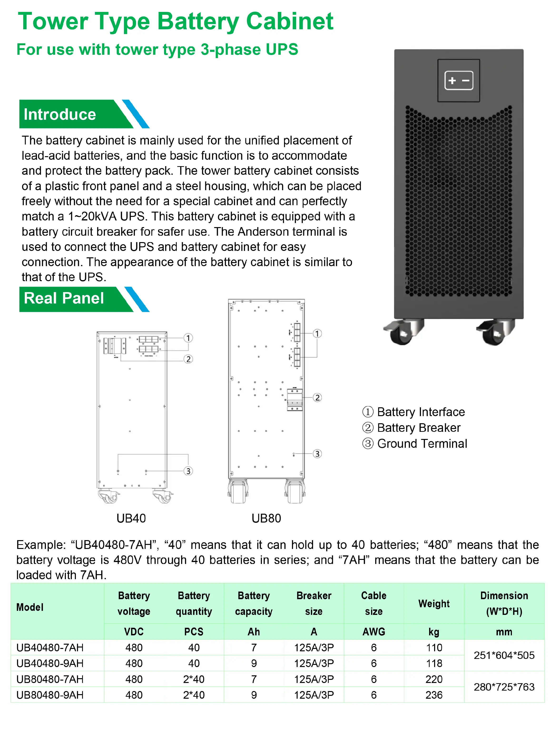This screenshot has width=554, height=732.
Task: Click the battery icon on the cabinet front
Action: point(458,80)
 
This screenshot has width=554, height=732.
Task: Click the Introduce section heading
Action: point(60,115)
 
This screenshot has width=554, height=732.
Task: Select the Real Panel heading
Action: point(64,298)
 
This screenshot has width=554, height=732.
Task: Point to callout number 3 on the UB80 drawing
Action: point(317,454)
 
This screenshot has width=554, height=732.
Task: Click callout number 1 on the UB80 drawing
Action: point(317,334)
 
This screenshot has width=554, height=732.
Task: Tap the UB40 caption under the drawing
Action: point(131,518)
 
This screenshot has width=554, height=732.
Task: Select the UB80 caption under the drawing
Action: point(266,518)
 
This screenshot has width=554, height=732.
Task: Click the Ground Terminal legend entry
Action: point(422,444)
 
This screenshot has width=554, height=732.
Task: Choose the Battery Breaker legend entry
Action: point(418,428)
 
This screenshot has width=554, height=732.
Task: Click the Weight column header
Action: point(434,604)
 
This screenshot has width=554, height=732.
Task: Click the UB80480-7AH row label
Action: point(50,679)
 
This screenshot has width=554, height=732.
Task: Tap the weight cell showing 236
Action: point(434,695)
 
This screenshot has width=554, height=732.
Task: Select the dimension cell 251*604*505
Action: point(504,655)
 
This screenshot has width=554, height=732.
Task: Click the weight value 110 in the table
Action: point(434,648)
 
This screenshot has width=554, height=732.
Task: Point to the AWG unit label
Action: point(374,632)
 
